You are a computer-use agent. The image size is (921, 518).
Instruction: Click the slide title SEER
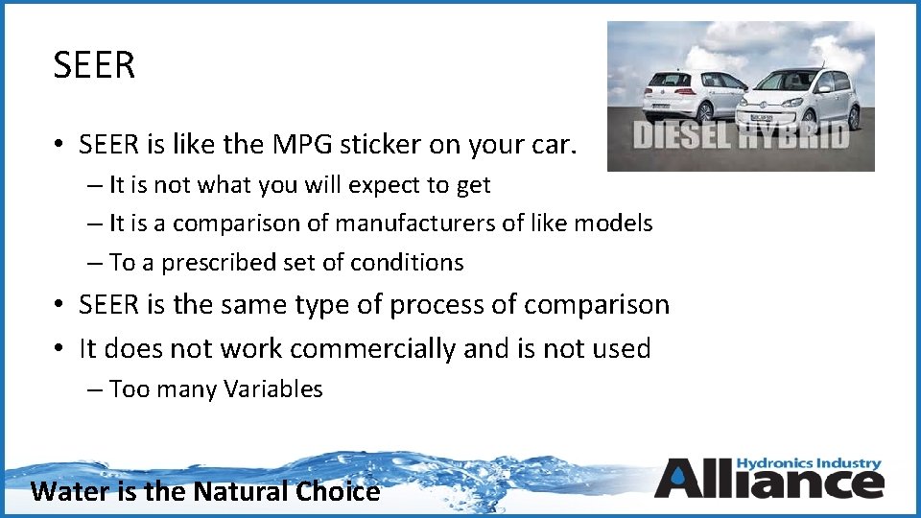tap(95, 66)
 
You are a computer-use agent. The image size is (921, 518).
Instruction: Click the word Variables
tap(273, 388)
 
